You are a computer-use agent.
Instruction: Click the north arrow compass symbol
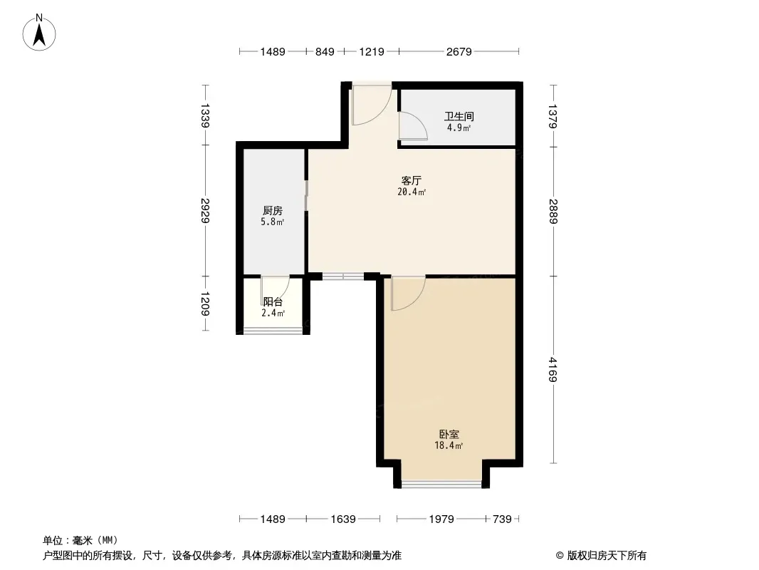(39, 33)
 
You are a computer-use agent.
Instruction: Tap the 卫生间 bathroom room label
(459, 116)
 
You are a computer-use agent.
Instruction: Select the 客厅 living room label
(412, 181)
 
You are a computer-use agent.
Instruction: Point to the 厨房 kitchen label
(273, 211)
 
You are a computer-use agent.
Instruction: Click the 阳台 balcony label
(273, 301)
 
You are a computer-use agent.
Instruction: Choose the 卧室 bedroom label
(449, 435)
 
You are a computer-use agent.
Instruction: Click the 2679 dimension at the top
(459, 51)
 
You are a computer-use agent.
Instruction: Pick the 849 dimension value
(325, 51)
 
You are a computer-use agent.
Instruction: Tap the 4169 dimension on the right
(553, 370)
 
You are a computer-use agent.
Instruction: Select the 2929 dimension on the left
(205, 211)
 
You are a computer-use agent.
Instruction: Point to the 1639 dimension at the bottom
(343, 519)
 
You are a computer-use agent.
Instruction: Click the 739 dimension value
(502, 519)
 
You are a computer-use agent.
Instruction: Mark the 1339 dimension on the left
(205, 115)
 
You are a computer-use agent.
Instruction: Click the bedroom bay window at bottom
(442, 484)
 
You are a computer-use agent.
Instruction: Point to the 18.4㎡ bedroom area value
(449, 445)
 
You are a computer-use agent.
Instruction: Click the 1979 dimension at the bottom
(441, 519)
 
